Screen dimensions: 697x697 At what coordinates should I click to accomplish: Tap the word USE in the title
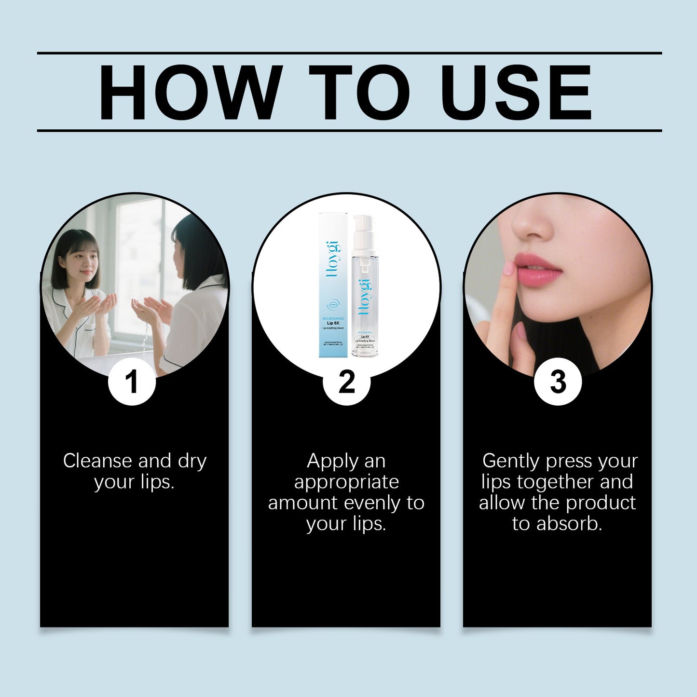[516, 92]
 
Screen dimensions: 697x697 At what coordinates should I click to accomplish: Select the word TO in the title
[359, 92]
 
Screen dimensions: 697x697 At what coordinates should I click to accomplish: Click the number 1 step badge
[132, 382]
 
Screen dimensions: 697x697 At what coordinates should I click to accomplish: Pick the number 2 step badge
[346, 382]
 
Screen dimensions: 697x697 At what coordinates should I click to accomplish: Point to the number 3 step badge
[558, 382]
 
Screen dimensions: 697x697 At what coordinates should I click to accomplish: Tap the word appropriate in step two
[346, 482]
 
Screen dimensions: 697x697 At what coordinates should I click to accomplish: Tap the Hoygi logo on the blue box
[333, 260]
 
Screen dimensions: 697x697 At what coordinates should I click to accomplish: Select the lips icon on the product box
[333, 305]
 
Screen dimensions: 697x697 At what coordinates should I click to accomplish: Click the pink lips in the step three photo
[538, 271]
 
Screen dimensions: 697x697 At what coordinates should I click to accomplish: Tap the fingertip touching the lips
[509, 268]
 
